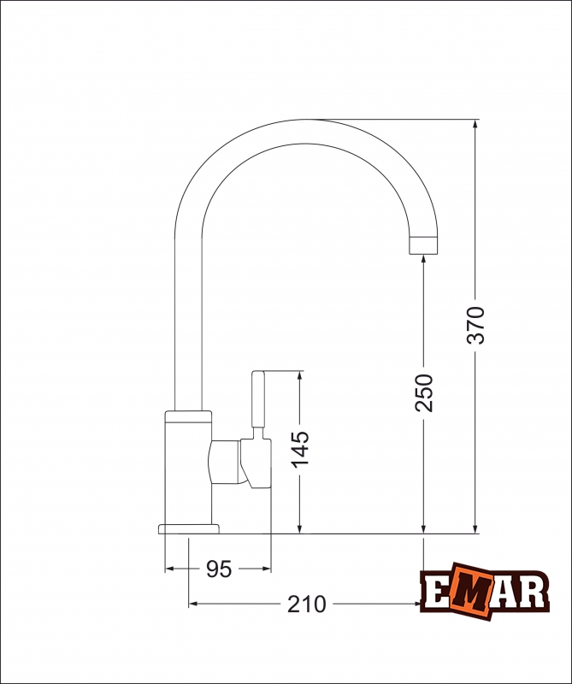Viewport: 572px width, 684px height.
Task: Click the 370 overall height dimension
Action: (x=475, y=324)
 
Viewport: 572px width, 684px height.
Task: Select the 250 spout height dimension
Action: (x=424, y=392)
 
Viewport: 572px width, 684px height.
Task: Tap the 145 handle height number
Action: (x=299, y=450)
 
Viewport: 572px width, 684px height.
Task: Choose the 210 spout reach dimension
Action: (x=306, y=604)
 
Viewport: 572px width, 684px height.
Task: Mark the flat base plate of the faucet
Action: (x=189, y=528)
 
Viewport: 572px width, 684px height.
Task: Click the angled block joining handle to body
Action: (x=227, y=462)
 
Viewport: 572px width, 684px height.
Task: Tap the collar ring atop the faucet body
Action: (x=189, y=416)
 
